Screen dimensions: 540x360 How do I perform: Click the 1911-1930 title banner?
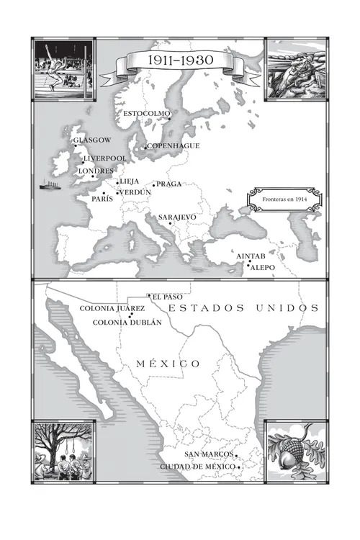point(176,60)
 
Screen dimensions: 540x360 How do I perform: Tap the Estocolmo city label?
point(147,114)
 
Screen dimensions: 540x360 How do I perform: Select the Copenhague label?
point(174,146)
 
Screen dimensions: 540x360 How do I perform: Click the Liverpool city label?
point(105,158)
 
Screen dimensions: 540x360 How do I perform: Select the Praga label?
point(169,184)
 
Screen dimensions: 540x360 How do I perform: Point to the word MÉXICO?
point(168,364)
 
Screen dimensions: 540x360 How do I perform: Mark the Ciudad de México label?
point(197,467)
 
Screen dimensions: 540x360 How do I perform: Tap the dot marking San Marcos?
point(236,456)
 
